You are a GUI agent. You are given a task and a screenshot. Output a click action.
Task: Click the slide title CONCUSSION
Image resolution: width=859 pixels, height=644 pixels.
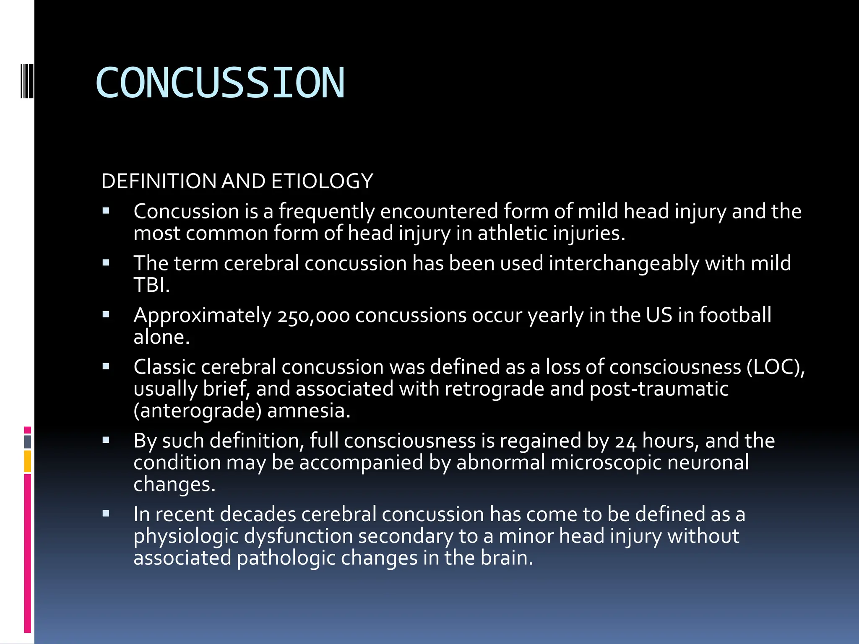[x=220, y=83]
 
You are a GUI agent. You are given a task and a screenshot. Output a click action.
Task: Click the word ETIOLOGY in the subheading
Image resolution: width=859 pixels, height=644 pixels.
[x=322, y=182]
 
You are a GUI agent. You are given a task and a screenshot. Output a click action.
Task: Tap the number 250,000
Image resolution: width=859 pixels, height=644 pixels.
[x=313, y=316]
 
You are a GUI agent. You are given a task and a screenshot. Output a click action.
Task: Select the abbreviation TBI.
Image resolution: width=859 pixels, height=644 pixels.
[x=151, y=286]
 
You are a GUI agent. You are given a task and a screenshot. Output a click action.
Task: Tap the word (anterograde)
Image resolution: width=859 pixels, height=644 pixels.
[x=197, y=411]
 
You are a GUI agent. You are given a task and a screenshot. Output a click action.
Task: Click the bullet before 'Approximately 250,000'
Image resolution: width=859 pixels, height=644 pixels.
[x=106, y=314]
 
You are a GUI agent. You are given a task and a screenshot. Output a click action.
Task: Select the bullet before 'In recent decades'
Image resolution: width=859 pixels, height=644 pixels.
[x=106, y=514]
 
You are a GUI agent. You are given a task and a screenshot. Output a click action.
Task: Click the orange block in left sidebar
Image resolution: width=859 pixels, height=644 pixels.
[x=28, y=461]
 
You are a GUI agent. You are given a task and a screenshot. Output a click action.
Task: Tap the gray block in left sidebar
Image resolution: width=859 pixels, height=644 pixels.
[x=28, y=442]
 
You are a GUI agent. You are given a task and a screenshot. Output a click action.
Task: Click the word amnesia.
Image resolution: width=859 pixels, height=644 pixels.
[x=308, y=411]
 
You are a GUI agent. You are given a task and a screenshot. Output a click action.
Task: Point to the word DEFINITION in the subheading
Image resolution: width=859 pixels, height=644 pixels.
[x=159, y=182]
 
